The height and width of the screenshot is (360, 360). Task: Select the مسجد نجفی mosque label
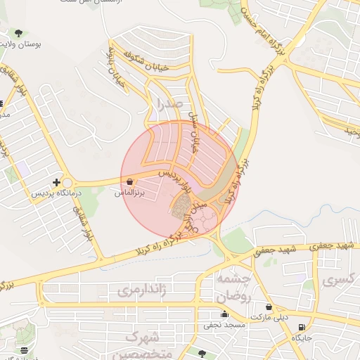click(x=224, y=325)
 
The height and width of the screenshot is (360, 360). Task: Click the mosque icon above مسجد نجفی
click(x=225, y=314)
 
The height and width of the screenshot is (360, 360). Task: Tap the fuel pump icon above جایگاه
click(x=302, y=327)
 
